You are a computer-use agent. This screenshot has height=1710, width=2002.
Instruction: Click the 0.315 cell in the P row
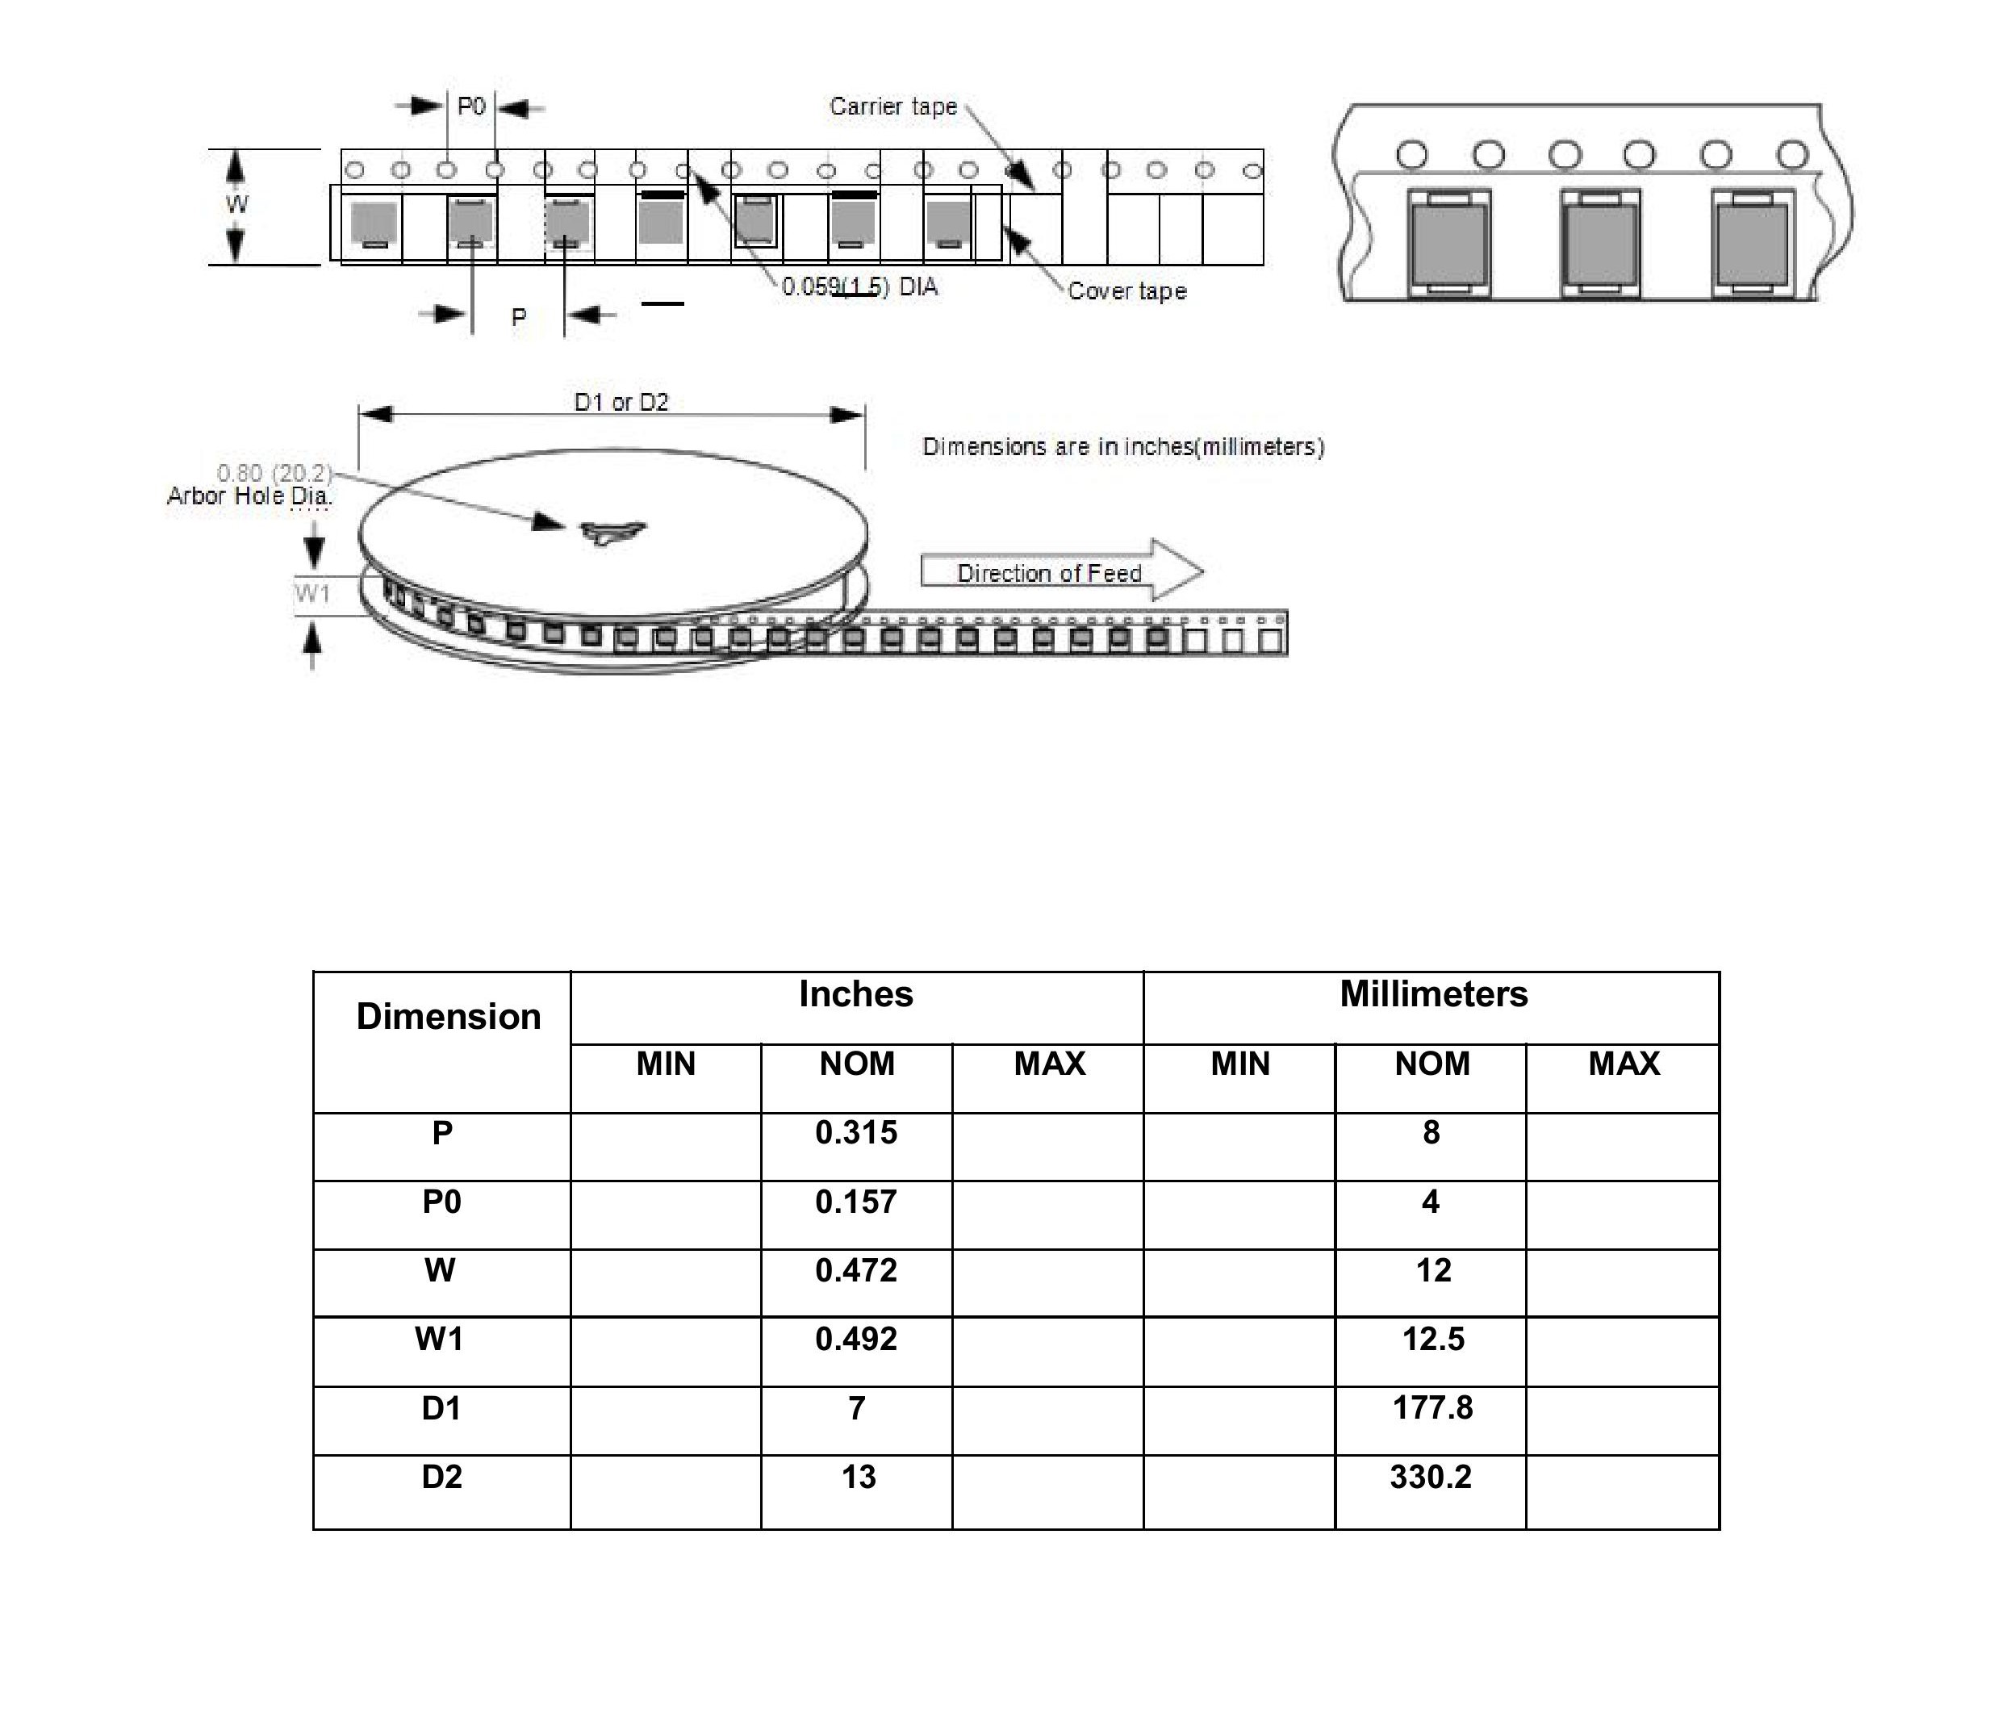click(856, 1132)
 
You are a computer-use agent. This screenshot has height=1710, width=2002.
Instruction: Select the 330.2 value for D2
click(1431, 1477)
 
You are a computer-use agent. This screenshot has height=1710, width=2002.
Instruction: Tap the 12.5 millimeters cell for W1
click(1433, 1339)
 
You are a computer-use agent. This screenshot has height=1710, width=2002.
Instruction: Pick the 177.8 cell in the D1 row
click(1432, 1407)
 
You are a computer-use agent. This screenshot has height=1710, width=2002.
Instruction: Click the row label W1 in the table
click(440, 1339)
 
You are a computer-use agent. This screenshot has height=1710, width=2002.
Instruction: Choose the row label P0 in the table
click(441, 1202)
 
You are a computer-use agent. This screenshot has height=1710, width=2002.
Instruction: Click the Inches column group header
click(856, 994)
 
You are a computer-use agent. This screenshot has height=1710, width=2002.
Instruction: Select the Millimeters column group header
click(1434, 994)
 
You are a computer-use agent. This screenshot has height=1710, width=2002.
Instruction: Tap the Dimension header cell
click(449, 1016)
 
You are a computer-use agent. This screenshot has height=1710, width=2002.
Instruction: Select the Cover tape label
click(1126, 291)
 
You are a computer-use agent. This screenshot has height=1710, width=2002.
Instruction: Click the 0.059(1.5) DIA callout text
click(859, 287)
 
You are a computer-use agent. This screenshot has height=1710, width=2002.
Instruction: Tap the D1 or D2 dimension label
click(621, 402)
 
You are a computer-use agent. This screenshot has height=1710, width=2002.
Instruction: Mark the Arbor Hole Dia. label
click(249, 495)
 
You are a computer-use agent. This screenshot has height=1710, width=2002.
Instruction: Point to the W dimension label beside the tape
click(236, 204)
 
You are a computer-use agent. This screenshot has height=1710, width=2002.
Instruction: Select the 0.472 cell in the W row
click(856, 1270)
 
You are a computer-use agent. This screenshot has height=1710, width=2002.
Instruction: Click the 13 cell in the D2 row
click(858, 1477)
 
